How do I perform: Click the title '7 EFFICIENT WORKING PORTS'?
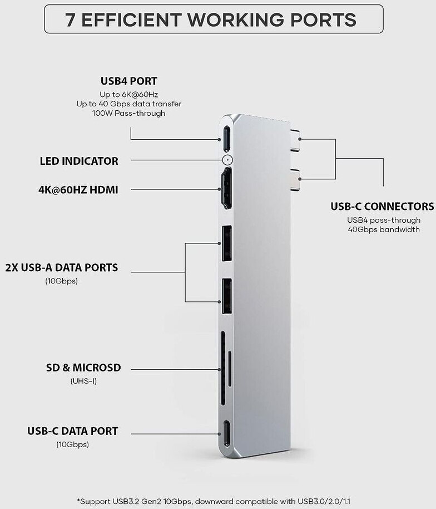click(x=211, y=19)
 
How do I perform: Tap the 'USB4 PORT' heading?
click(x=129, y=81)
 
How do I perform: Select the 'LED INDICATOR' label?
click(x=79, y=161)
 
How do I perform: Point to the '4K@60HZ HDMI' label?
click(x=78, y=190)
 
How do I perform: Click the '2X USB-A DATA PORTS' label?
click(x=61, y=268)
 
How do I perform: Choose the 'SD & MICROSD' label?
click(x=83, y=368)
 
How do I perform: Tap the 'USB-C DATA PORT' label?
click(x=73, y=431)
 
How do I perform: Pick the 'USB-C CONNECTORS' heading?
click(x=382, y=207)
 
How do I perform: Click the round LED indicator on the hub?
click(x=226, y=160)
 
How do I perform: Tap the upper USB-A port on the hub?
click(x=226, y=243)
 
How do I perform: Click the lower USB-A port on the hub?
click(x=226, y=296)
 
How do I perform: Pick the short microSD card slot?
click(x=230, y=368)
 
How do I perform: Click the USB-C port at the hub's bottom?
click(x=226, y=433)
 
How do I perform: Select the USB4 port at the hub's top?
click(x=226, y=138)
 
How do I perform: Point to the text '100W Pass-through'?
click(x=129, y=113)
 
